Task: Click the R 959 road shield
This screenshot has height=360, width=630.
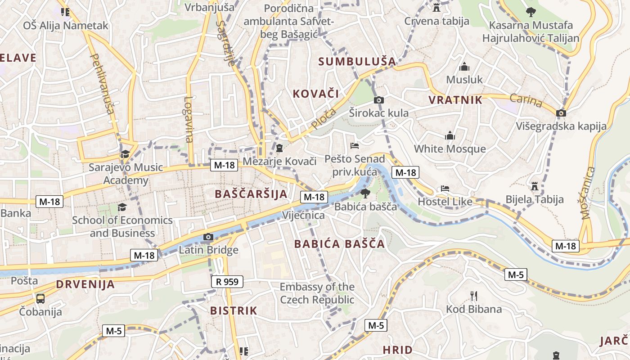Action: [x=227, y=282]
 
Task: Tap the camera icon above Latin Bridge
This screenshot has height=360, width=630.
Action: [x=208, y=237]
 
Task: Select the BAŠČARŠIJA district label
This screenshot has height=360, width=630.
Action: [x=251, y=194]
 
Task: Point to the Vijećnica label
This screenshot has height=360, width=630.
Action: [x=303, y=216]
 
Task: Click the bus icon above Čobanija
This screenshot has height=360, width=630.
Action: [x=40, y=298]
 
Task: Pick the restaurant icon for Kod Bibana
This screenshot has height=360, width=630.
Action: [x=473, y=296]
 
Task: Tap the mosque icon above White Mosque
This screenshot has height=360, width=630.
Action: [x=450, y=135]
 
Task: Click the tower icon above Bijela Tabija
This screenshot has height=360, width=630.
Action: [x=535, y=186]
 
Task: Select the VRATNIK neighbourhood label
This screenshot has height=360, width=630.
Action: [x=455, y=100]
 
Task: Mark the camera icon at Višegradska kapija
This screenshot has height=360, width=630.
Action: [x=561, y=113]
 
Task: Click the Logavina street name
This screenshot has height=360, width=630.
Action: [x=189, y=120]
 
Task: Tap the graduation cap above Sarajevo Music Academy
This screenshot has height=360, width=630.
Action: [x=125, y=154]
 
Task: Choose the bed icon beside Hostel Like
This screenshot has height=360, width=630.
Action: [x=445, y=189]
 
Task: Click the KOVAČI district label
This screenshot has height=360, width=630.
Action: [x=315, y=94]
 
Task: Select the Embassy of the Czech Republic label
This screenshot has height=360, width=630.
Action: [x=317, y=293]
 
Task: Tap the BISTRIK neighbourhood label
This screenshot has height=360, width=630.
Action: [x=234, y=310]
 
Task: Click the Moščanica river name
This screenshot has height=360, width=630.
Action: [x=588, y=193]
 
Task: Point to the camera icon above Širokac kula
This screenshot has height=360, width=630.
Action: [x=379, y=100]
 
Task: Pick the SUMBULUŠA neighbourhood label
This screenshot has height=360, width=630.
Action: [x=357, y=62]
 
